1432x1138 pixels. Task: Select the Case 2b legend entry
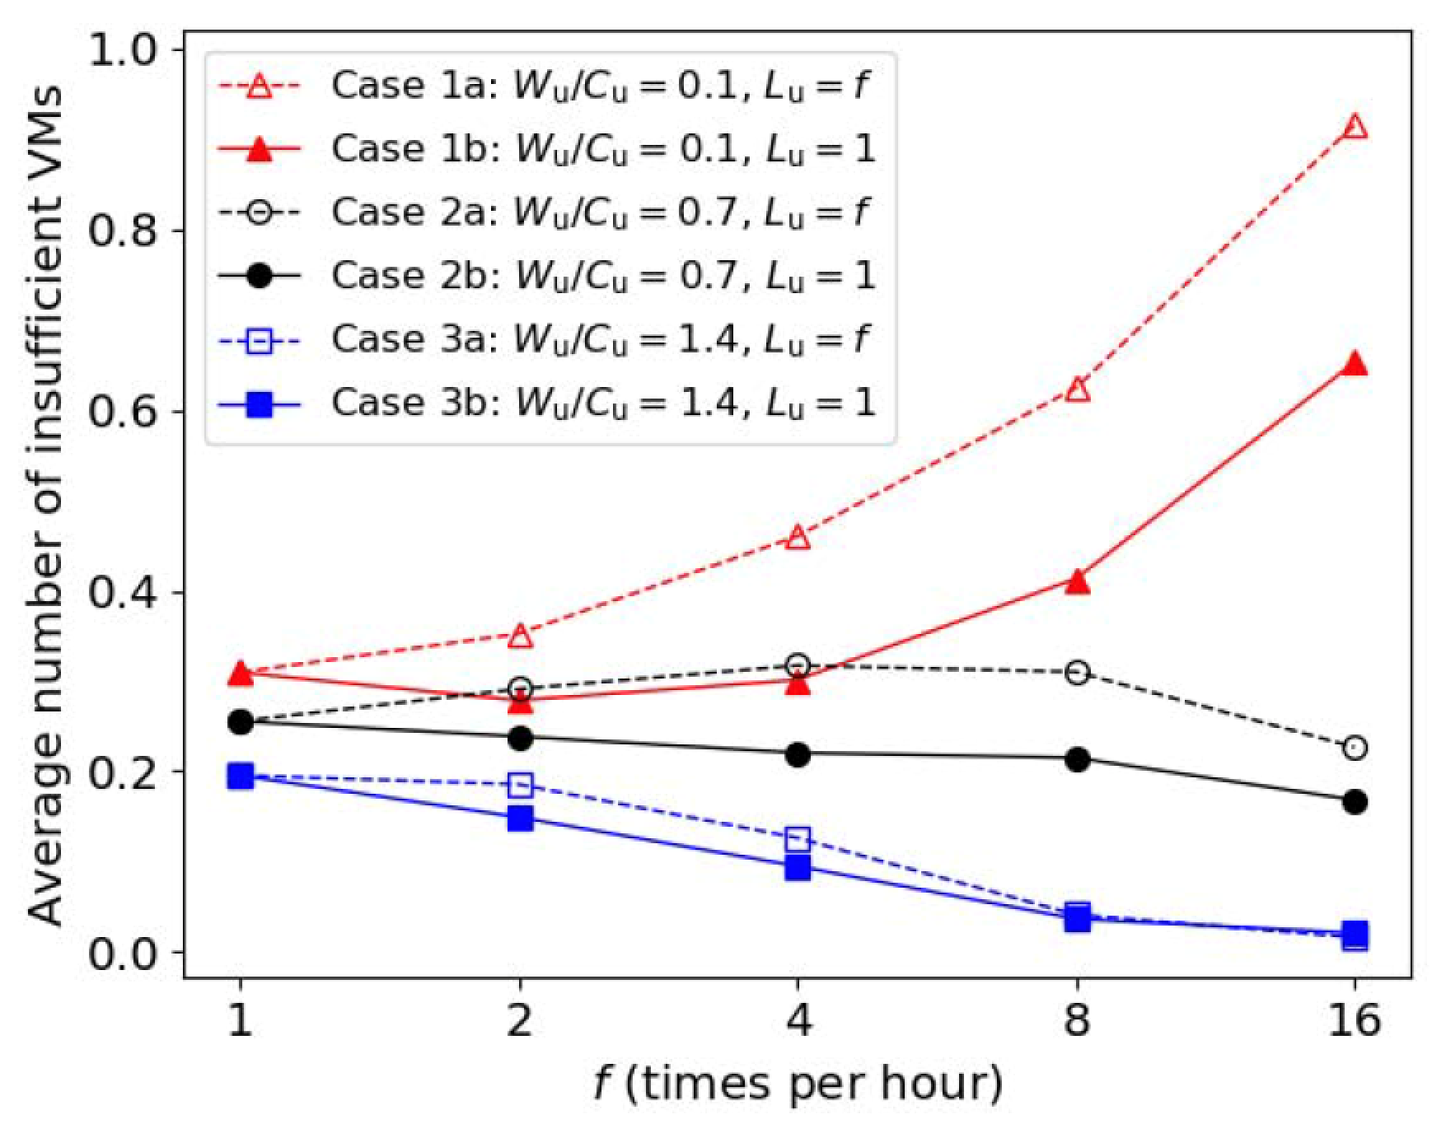[x=602, y=276]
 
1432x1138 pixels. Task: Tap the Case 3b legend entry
[x=602, y=403]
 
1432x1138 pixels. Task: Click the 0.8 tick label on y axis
[x=124, y=231]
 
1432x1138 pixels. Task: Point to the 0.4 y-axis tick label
[x=124, y=593]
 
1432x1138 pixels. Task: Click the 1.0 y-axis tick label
[x=124, y=51]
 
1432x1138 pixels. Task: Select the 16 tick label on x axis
[x=1355, y=1021]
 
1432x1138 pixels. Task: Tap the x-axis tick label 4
[x=798, y=1021]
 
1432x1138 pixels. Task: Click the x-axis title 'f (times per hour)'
[x=798, y=1084]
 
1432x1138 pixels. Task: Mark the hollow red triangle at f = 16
[x=1355, y=127]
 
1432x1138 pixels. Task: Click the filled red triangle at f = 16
[x=1355, y=364]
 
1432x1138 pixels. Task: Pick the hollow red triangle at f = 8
[x=1077, y=389]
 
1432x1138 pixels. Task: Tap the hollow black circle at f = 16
[x=1355, y=748]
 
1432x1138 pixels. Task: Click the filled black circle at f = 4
[x=798, y=754]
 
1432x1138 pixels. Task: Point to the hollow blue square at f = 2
[x=520, y=784]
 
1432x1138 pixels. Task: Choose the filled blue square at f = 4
[x=798, y=867]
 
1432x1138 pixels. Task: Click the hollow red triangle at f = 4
[x=798, y=538]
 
